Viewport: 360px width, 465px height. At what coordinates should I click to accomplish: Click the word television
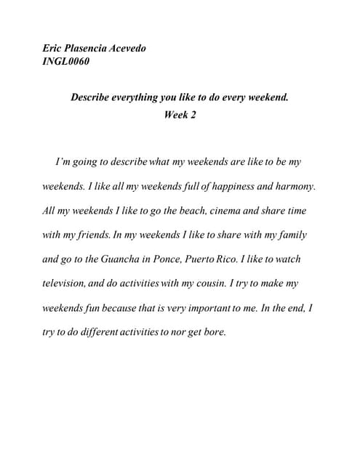[65, 283]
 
